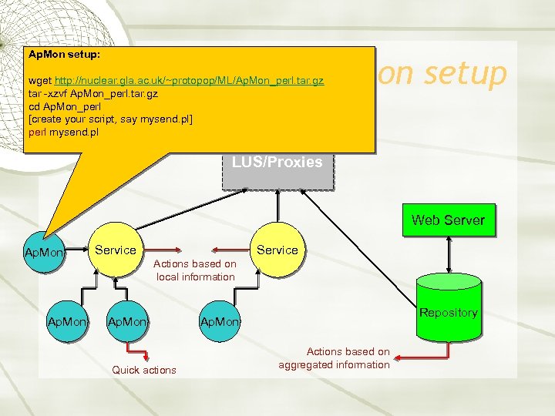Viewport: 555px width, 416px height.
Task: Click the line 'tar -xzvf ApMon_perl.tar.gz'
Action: [94, 93]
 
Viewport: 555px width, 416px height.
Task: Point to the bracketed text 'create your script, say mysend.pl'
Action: [110, 119]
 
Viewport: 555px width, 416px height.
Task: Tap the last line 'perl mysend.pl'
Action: [63, 133]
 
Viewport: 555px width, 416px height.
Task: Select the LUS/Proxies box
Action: [277, 163]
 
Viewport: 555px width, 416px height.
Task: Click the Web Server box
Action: [448, 220]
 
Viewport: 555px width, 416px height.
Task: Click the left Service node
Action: [115, 250]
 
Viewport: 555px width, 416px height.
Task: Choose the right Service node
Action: [277, 250]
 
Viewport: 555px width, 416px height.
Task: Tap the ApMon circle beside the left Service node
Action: [45, 252]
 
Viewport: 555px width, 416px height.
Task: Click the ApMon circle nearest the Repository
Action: [220, 320]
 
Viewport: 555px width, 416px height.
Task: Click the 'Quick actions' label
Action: [144, 370]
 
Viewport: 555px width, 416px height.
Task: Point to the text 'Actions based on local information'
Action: [195, 270]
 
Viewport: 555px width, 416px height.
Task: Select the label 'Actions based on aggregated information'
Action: [335, 358]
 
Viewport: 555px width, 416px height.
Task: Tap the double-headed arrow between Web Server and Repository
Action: [448, 254]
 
